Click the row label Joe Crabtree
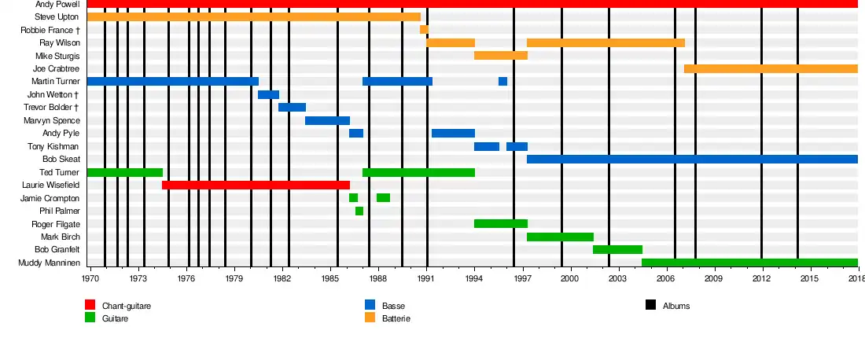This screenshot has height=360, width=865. pos(57,69)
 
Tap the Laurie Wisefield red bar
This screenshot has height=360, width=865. pos(256,185)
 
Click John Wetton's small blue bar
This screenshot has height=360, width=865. pos(268,95)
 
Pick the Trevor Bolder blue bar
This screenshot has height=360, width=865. pos(292,108)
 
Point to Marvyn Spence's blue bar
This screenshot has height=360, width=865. pos(327,120)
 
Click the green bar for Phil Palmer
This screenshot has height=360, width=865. pos(359,211)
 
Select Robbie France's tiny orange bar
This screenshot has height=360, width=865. pos(424,30)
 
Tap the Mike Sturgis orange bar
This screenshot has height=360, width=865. pos(500,56)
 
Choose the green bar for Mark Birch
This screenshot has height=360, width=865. pos(560,237)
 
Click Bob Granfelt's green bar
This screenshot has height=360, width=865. pos(617,250)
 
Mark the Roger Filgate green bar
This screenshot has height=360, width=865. pos(500,224)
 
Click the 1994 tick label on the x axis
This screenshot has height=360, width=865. pos(474,279)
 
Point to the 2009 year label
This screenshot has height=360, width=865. pos(713,279)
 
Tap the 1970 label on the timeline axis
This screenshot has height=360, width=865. pos(91,279)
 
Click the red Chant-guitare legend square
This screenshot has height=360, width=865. pos(90,305)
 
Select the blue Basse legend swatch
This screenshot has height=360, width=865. pos(370,305)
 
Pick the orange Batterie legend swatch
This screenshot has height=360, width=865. pos(370,318)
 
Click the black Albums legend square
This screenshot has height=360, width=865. pos(650,305)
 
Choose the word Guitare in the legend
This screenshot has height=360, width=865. pos(115,318)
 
